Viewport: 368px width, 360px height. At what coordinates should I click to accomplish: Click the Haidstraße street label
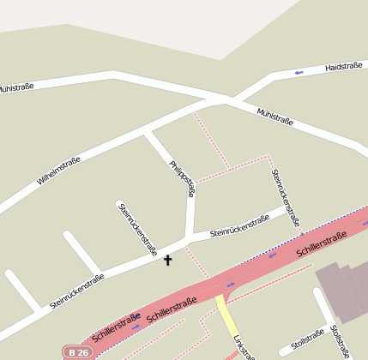345,65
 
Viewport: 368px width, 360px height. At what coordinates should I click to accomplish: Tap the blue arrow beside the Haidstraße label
299,72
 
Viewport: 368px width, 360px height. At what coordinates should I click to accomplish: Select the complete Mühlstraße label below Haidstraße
275,117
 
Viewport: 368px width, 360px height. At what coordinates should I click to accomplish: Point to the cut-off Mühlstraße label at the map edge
15,87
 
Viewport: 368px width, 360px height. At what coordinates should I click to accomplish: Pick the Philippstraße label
182,179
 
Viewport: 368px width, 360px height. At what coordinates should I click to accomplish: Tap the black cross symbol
167,260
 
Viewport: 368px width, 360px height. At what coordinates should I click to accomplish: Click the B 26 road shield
77,352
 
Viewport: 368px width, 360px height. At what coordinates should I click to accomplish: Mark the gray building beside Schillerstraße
343,292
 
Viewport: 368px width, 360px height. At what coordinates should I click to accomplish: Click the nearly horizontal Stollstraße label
306,339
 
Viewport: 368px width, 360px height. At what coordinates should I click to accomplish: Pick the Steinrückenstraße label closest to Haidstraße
286,197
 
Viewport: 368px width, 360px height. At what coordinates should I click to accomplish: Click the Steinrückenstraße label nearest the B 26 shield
77,291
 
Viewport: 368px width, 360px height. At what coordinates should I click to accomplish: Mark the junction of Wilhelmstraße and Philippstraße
148,133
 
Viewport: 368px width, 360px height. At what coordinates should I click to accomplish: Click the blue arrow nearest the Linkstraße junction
230,284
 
